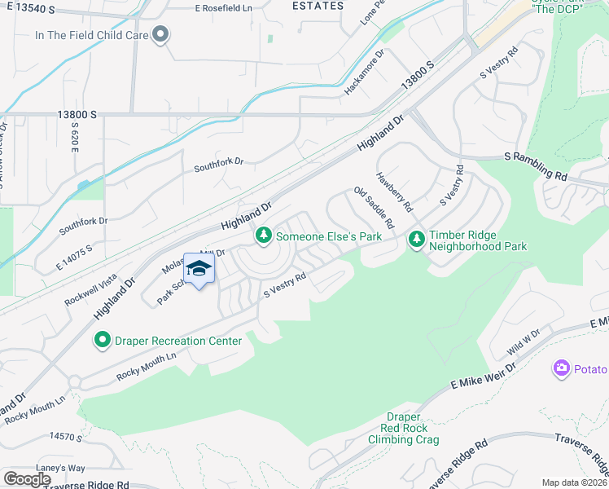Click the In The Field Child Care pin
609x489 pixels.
[x=161, y=34]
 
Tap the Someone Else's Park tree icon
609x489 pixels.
[x=263, y=236]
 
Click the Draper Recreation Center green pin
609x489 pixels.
[x=103, y=340]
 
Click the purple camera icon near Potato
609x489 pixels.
[x=561, y=369]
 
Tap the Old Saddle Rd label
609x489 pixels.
[x=374, y=207]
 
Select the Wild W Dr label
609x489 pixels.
[x=524, y=342]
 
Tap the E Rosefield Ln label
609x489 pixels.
[x=226, y=8]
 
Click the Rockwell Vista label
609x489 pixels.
[x=93, y=288]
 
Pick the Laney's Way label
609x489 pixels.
[x=65, y=468]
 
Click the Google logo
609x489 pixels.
[x=27, y=479]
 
